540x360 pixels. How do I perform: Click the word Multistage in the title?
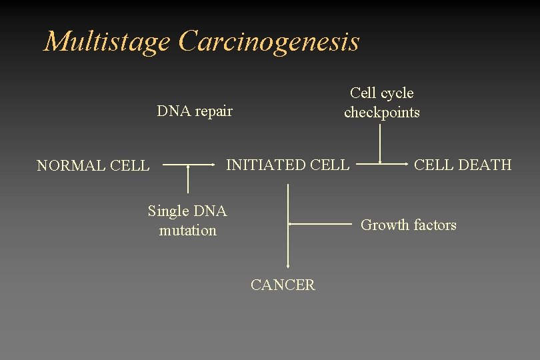pyautogui.click(x=107, y=41)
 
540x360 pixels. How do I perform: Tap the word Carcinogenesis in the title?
pyautogui.click(x=269, y=41)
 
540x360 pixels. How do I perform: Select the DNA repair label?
pyautogui.click(x=195, y=111)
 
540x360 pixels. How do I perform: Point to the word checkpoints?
pyautogui.click(x=382, y=113)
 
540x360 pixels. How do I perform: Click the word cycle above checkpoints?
pyautogui.click(x=395, y=93)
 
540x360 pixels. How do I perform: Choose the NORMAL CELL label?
pyautogui.click(x=93, y=166)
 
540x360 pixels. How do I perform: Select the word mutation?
pyautogui.click(x=188, y=231)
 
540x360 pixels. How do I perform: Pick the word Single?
pyautogui.click(x=168, y=211)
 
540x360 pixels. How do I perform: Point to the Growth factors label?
pyautogui.click(x=408, y=225)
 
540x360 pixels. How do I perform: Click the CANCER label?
pyautogui.click(x=283, y=285)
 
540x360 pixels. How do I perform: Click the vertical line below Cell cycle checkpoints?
pyautogui.click(x=380, y=143)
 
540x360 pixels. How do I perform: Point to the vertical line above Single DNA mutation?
pyautogui.click(x=189, y=179)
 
